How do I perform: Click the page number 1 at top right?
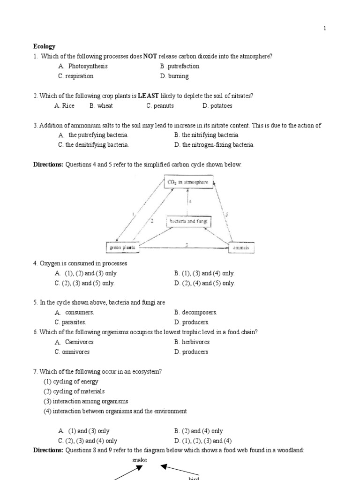pyautogui.click(x=324, y=28)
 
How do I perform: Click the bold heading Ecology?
pyautogui.click(x=44, y=46)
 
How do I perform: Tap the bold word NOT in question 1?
pyautogui.click(x=150, y=56)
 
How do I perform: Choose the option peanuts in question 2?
pyautogui.click(x=160, y=105)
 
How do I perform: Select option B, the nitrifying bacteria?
pyautogui.click(x=206, y=135)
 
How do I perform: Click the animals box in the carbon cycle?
pyautogui.click(x=241, y=247)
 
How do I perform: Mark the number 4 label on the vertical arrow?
pyautogui.click(x=190, y=201)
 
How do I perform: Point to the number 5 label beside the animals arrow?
pyautogui.click(x=226, y=214)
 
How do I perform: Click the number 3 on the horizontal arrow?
pyautogui.click(x=186, y=244)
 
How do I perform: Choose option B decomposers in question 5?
pyautogui.click(x=195, y=312)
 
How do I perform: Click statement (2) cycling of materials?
pyautogui.click(x=74, y=391)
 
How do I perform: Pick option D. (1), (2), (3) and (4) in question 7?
pyautogui.click(x=202, y=441)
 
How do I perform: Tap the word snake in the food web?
pyautogui.click(x=139, y=460)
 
